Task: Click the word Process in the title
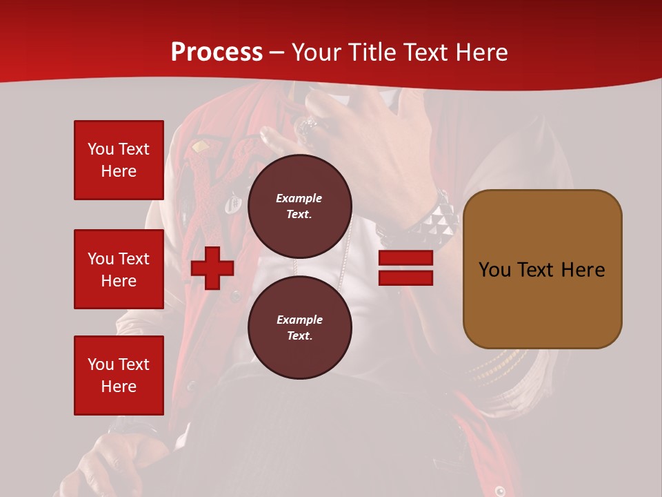point(217,52)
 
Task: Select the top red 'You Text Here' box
point(119,160)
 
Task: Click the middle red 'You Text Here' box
point(119,269)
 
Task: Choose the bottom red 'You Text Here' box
point(119,375)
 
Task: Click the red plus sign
point(212,268)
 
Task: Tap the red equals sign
point(405,268)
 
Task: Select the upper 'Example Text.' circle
point(299,206)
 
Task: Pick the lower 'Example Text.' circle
point(299,327)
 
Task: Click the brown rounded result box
point(542,269)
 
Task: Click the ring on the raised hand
point(308,126)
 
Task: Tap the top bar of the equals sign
point(405,258)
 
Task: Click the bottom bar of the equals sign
point(405,277)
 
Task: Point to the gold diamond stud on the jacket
point(199,146)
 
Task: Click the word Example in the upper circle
point(299,198)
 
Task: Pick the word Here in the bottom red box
point(119,387)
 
